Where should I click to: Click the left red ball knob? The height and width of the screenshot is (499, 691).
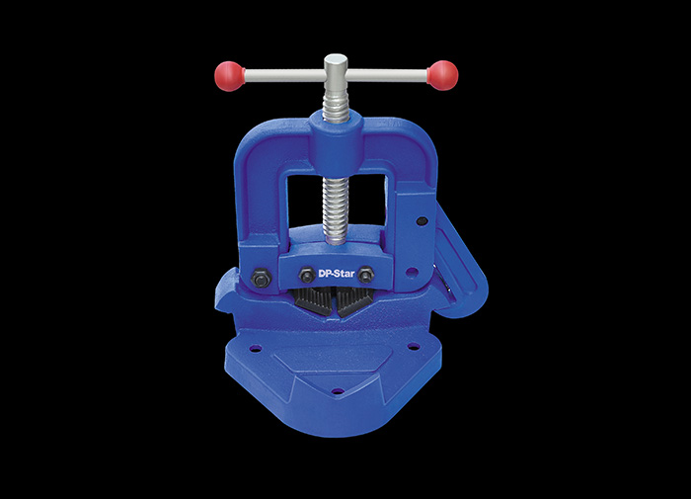click(x=229, y=76)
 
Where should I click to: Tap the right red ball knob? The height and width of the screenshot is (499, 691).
click(x=443, y=75)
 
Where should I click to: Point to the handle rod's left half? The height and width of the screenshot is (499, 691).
click(x=284, y=76)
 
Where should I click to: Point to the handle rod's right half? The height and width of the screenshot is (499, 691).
click(x=387, y=75)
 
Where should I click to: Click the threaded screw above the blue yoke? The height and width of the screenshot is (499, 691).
click(x=336, y=103)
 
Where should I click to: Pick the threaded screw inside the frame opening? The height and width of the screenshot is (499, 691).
click(x=337, y=209)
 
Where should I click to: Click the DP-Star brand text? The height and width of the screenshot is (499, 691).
click(x=337, y=274)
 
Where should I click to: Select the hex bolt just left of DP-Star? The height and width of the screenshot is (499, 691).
click(x=307, y=275)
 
